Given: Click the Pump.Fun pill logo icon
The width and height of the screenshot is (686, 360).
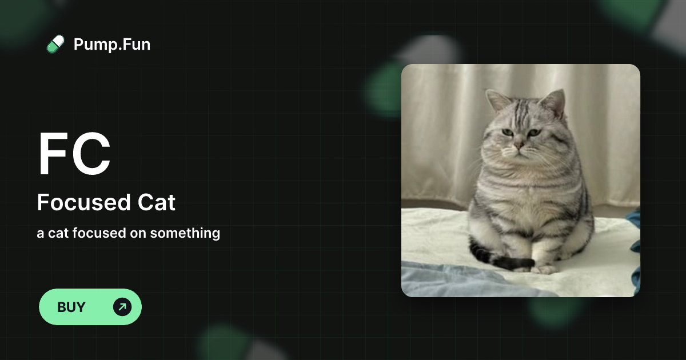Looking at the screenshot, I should pyautogui.click(x=55, y=45).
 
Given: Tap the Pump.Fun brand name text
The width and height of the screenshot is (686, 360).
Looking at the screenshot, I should pyautogui.click(x=112, y=45).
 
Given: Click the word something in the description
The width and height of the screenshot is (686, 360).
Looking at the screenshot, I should pyautogui.click(x=185, y=233).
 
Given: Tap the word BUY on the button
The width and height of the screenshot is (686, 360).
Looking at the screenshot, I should pyautogui.click(x=71, y=307).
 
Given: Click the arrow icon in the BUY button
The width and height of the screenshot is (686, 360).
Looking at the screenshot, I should pyautogui.click(x=122, y=307).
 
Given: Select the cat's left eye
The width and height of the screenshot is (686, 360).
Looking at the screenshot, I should pyautogui.click(x=506, y=133).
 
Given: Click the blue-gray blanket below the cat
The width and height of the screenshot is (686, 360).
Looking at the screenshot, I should pyautogui.click(x=452, y=280).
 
